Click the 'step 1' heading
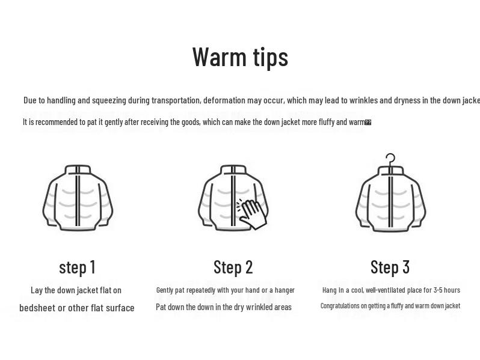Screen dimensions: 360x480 (77, 267)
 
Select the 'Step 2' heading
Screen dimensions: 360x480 (233, 267)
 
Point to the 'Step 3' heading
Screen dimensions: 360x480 (390, 267)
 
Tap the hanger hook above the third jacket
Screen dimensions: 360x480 (390, 159)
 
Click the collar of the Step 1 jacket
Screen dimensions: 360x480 (78, 170)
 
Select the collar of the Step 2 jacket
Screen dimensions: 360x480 (233, 170)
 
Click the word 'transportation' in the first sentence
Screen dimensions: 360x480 (176, 100)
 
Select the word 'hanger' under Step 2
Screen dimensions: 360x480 (285, 290)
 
